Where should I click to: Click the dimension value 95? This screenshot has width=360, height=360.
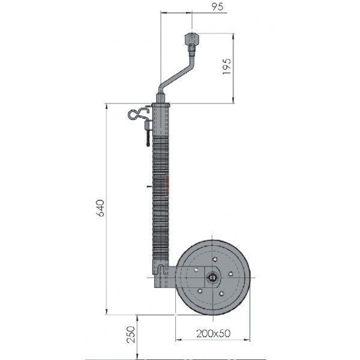coord(217,7)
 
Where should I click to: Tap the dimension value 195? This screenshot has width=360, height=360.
coord(227,67)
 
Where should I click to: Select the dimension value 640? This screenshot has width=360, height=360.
coord(100,208)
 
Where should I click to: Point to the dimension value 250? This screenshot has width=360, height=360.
coord(131,335)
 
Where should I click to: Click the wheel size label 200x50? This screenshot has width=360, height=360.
coord(213,334)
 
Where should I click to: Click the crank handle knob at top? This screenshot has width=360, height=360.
coord(191,39)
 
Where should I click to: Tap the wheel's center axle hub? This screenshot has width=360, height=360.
coord(212,278)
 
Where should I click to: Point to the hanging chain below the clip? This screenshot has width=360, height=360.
coord(148,137)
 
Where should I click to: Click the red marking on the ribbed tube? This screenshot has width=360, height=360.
coord(167,185)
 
